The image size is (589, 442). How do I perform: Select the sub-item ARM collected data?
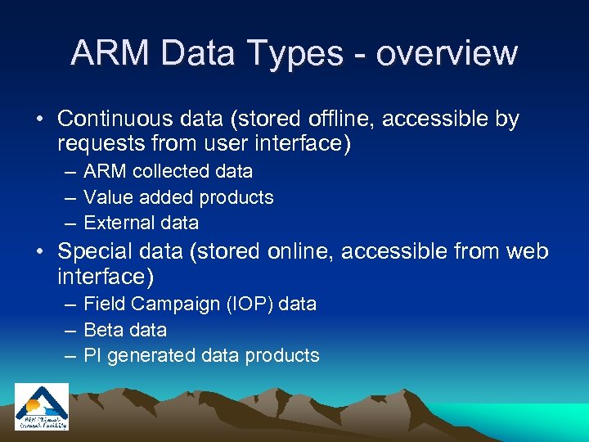tap(168, 172)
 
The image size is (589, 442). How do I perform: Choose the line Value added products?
tap(178, 197)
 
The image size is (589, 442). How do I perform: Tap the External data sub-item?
tap(141, 223)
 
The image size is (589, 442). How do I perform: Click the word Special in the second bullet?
tap(97, 251)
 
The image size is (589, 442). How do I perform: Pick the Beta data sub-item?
tap(125, 330)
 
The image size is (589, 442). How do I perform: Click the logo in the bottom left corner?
tap(42, 407)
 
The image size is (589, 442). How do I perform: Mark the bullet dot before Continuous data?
tap(39, 120)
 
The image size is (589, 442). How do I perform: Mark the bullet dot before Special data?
tap(39, 252)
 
